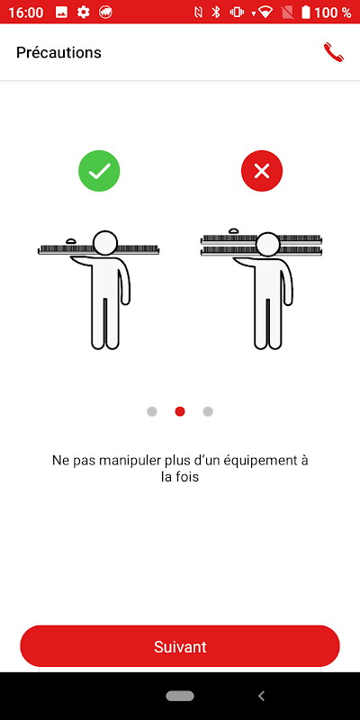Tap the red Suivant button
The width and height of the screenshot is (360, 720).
coord(180,646)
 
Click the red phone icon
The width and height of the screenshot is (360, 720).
coord(334,52)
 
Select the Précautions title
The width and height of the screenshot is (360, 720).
coord(58,52)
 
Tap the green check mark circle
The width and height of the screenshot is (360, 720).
coord(99,171)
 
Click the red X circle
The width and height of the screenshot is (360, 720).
coord(262,171)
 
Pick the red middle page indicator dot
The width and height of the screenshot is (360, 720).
coord(180,411)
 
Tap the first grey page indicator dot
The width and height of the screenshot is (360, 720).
coord(152,411)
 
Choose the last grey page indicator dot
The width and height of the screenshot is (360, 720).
coord(208,411)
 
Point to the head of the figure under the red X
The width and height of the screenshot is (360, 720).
coord(268,244)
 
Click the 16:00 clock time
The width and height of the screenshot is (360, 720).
coord(26,13)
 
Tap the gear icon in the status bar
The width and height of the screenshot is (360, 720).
coord(83,13)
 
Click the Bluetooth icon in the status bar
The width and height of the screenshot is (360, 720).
coord(216,13)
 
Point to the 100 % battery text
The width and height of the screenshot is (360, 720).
coord(333,13)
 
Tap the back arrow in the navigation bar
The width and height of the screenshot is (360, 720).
coord(261,696)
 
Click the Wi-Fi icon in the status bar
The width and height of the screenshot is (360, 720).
coord(265,13)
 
